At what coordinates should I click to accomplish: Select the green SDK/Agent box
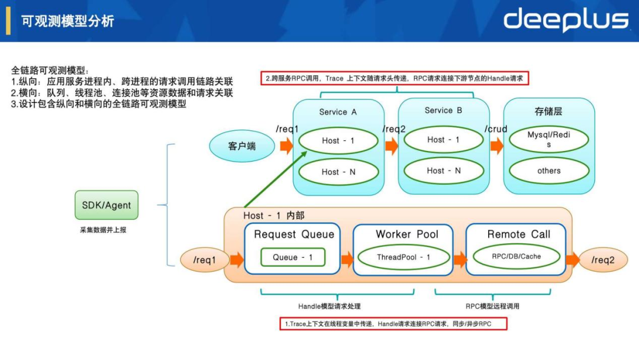[106, 205]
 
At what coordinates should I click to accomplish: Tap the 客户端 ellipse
[242, 146]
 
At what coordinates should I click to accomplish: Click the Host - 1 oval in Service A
[338, 141]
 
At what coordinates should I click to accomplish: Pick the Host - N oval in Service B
[444, 171]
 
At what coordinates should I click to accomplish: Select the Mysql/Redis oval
[548, 140]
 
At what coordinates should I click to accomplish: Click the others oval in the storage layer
[548, 171]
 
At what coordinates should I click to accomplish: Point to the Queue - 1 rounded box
[293, 257]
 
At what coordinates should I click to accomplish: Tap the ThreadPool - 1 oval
[404, 257]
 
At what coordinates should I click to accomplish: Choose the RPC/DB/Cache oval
[516, 256]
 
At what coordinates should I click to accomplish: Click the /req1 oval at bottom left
[205, 260]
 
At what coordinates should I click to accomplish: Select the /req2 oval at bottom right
[603, 260]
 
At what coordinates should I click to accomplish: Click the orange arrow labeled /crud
[496, 146]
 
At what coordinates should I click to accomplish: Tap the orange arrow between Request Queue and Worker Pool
[347, 259]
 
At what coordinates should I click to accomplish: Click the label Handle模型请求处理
[329, 306]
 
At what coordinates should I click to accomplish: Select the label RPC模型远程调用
[492, 306]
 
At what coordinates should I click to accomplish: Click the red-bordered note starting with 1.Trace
[393, 324]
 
